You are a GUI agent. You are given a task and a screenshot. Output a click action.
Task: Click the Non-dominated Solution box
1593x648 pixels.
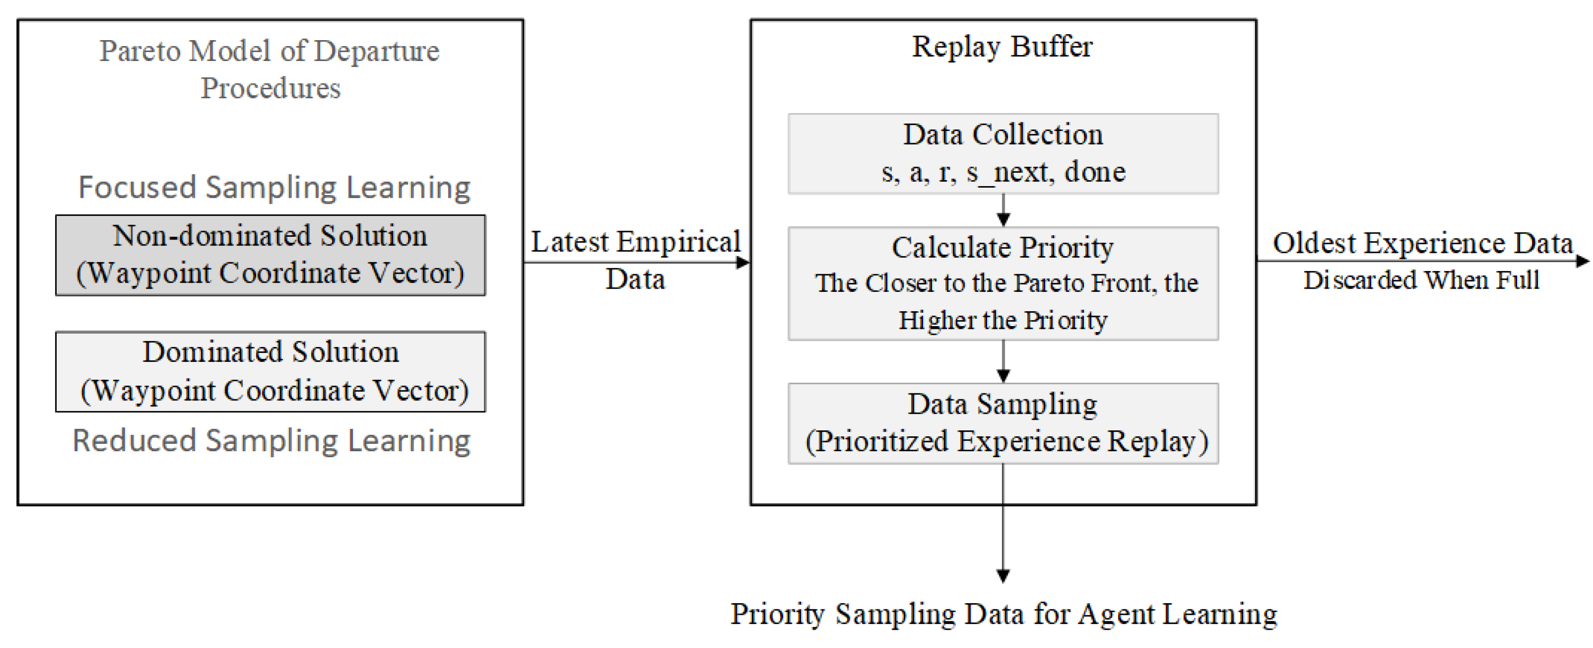click(x=270, y=254)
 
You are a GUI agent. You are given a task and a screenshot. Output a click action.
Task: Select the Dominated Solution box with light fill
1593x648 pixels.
click(x=270, y=371)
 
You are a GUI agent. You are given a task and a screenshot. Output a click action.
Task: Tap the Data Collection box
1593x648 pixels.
click(x=1003, y=153)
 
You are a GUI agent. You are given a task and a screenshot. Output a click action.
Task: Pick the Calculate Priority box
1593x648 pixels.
click(x=1003, y=283)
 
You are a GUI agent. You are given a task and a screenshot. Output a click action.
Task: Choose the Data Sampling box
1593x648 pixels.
click(x=1003, y=423)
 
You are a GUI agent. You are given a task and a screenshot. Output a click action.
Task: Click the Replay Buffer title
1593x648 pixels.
click(x=1002, y=47)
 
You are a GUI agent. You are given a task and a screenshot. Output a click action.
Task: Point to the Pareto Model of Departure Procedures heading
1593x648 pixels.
click(x=270, y=68)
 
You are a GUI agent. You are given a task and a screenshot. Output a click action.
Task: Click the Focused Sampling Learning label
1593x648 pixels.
click(x=274, y=187)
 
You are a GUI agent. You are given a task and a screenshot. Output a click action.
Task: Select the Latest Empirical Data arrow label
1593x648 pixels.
click(x=636, y=260)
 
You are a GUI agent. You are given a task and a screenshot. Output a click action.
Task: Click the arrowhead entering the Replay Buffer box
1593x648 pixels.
click(x=743, y=263)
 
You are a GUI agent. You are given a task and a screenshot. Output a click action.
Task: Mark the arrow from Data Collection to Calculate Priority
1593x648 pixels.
click(x=1003, y=211)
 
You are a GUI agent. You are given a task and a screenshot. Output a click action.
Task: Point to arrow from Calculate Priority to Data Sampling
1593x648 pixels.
click(x=1003, y=362)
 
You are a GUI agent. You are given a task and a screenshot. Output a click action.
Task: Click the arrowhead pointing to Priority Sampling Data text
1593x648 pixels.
click(x=1003, y=575)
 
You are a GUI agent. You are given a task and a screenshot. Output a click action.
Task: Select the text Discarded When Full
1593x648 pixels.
click(x=1421, y=280)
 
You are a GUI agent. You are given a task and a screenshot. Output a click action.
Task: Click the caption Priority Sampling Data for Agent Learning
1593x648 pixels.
click(x=1003, y=614)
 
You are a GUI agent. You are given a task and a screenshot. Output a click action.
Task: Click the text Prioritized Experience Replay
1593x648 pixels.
click(x=1006, y=442)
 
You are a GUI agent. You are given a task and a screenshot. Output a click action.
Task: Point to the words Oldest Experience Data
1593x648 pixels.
click(x=1422, y=242)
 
